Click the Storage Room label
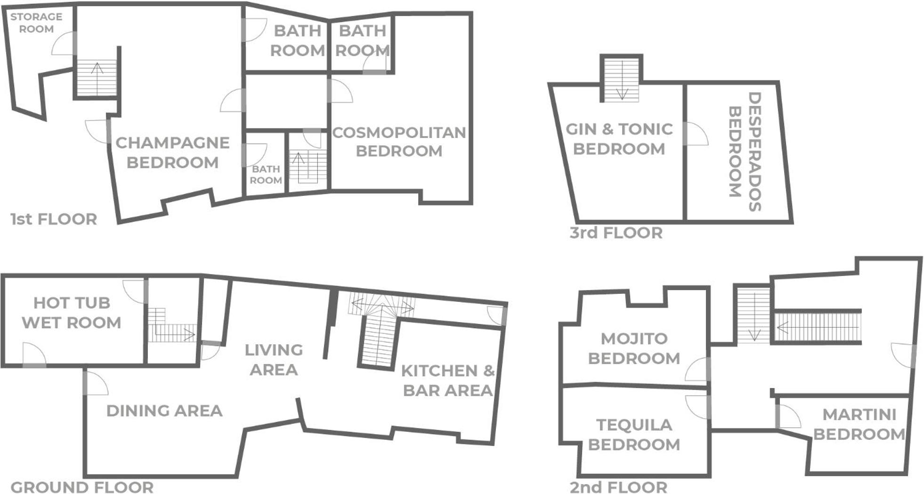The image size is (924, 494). coord(36,23)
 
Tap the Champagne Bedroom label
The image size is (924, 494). coord(172,152)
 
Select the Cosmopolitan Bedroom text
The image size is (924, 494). coord(399,141)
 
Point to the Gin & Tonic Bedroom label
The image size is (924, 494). coord(619,138)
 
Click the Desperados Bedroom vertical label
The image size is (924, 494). coord(745,151)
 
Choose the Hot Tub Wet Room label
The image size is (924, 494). coord(72,312)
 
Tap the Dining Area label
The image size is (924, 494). coord(164,411)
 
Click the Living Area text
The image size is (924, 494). coord(274,360)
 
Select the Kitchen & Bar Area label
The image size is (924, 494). coord(448,381)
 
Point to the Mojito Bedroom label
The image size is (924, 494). coord(634,348)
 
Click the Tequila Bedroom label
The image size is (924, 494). coord(634,435)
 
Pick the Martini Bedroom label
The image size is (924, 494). coord(859,424)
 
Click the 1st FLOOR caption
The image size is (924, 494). coord(54,219)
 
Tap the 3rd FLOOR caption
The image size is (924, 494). coord(616,233)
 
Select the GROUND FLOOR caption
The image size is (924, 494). coord(82,487)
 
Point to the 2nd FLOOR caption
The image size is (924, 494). coord(618,487)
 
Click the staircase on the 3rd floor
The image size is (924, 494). coord(622,79)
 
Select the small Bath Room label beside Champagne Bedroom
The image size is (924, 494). coord(266,174)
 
